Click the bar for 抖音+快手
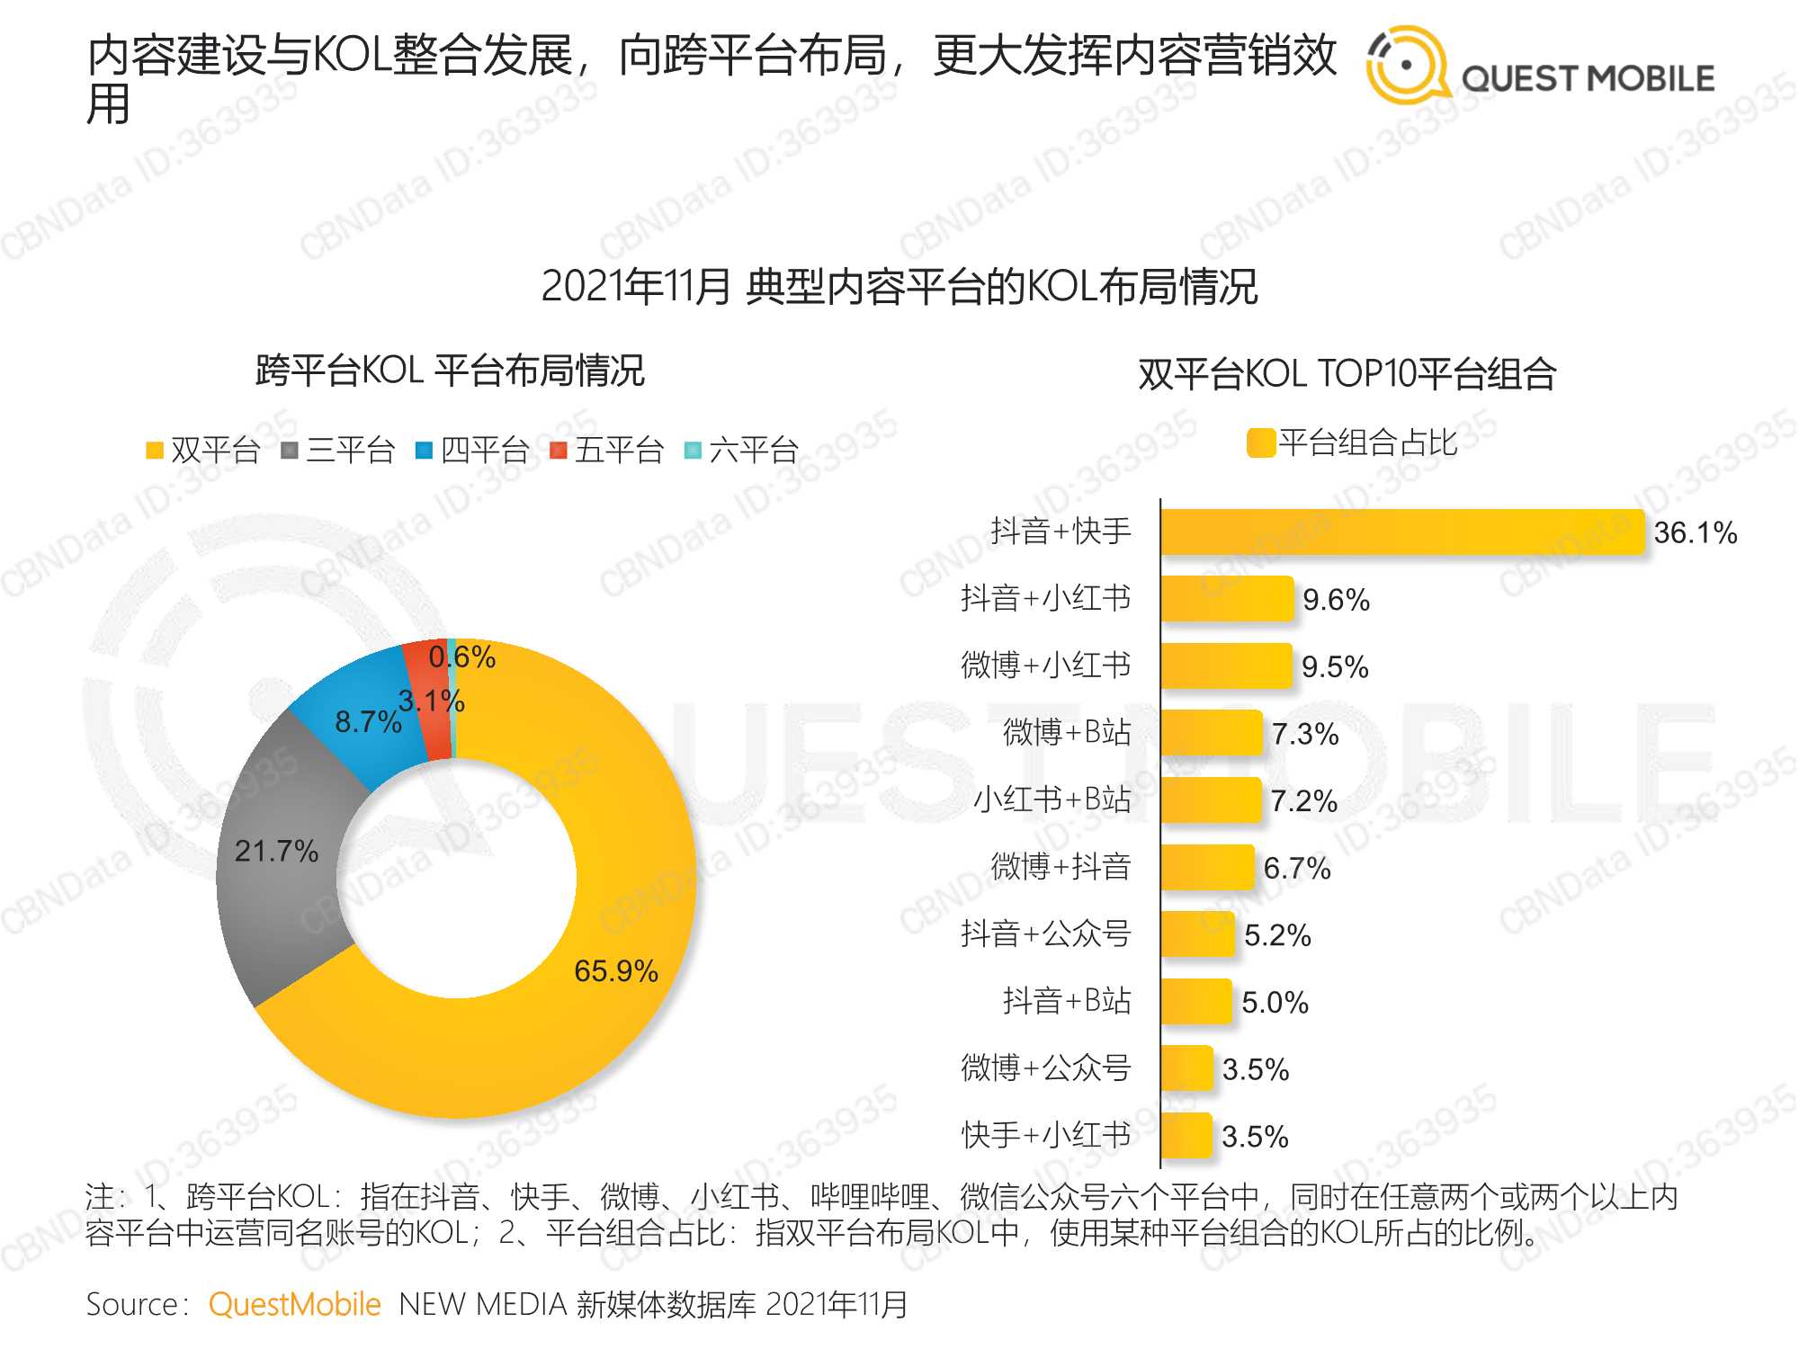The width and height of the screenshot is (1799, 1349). click(1401, 532)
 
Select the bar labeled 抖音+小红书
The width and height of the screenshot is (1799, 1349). click(1227, 599)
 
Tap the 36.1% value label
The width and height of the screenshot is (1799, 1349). click(1695, 532)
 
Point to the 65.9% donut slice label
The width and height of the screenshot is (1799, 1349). click(616, 971)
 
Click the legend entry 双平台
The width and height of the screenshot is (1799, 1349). click(203, 450)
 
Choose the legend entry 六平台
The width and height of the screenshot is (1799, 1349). click(742, 450)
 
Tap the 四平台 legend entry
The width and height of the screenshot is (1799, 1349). click(473, 450)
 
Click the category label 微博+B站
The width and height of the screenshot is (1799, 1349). click(1067, 733)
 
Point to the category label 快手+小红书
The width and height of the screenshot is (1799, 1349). click(1045, 1136)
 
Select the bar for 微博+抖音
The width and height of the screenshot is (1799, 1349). click(1207, 868)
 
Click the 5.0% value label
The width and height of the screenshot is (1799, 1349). click(1275, 1003)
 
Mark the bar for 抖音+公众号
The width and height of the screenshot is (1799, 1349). click(1197, 934)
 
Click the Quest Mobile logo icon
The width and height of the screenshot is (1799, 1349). click(1406, 66)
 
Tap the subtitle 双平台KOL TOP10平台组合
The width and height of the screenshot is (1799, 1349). click(1347, 374)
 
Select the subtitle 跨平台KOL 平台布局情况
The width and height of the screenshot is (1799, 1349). click(450, 371)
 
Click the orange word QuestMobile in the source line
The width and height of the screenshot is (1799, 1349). click(294, 1304)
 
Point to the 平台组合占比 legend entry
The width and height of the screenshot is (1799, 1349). click(1354, 442)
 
